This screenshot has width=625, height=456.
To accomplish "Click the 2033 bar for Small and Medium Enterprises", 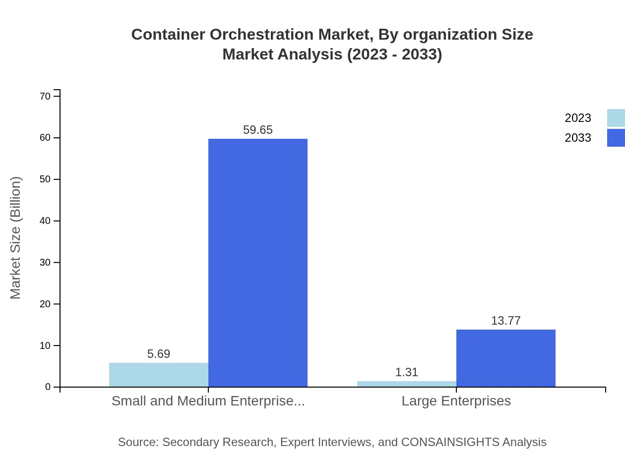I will [x=258, y=263].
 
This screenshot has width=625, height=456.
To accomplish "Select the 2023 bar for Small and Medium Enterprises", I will [x=159, y=375].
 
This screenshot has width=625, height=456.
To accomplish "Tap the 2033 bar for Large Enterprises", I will [x=506, y=358].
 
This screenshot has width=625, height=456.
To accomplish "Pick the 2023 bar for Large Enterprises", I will [x=407, y=384].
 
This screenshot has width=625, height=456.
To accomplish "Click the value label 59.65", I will [x=258, y=130].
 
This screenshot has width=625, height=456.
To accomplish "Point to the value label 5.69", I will [x=159, y=354].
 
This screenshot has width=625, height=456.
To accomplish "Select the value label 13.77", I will [x=506, y=321].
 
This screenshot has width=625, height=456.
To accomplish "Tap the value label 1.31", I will [x=407, y=372].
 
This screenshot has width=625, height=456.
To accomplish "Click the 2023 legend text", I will [x=578, y=118].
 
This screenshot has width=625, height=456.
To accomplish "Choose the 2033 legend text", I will [x=578, y=138].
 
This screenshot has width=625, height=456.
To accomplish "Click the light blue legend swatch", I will [x=616, y=118].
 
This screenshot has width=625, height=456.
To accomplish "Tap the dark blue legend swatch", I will [x=616, y=138].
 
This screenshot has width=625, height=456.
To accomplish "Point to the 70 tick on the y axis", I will [x=45, y=96].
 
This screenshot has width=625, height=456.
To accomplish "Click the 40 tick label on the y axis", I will [x=45, y=221].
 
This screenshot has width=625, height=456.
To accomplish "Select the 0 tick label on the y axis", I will [x=48, y=387].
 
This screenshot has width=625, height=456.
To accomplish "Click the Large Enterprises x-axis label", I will [x=456, y=400].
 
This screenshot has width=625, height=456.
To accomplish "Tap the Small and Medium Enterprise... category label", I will [x=208, y=400].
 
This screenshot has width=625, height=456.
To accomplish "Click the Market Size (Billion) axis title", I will [x=15, y=238].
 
